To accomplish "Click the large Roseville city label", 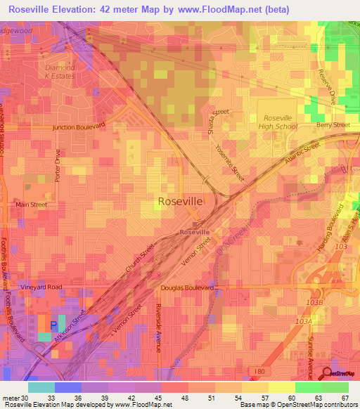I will coord(181,201).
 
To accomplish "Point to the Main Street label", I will coord(31,204).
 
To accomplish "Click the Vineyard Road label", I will coord(41,287).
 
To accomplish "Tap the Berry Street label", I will coord(333,125).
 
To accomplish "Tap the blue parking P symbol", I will coord(54,326).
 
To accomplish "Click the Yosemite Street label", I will coord(233,166).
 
